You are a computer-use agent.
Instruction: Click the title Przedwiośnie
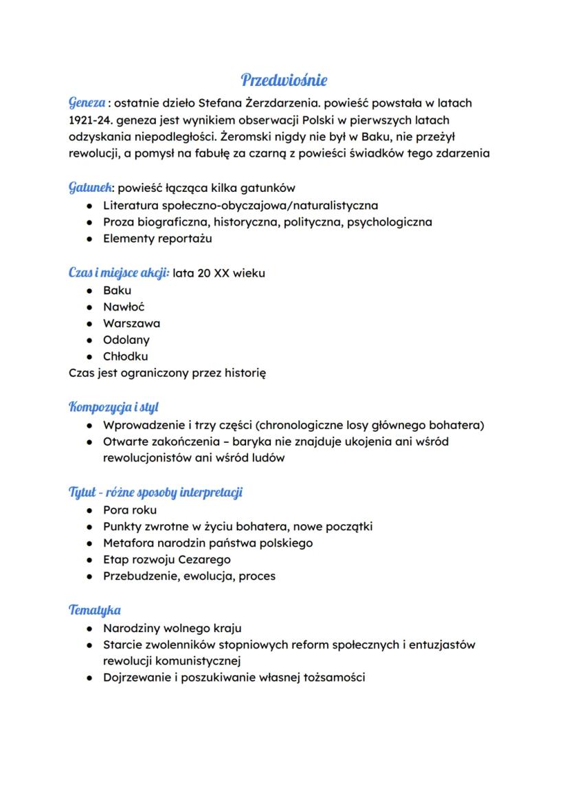[x=284, y=80]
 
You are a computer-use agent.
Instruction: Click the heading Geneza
[x=87, y=103]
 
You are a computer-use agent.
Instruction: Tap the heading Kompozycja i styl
[x=114, y=407]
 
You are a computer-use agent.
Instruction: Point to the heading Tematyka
[x=95, y=610]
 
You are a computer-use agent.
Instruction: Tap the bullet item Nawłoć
[x=124, y=307]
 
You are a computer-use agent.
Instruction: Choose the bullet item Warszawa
[x=131, y=323]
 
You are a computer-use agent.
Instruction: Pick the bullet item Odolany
[x=126, y=340]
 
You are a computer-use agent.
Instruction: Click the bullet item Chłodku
[x=125, y=356]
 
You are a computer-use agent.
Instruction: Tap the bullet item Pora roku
[x=130, y=510]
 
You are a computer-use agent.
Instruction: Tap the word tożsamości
[x=331, y=677]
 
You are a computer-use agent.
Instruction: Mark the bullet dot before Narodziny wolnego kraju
[x=89, y=629]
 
